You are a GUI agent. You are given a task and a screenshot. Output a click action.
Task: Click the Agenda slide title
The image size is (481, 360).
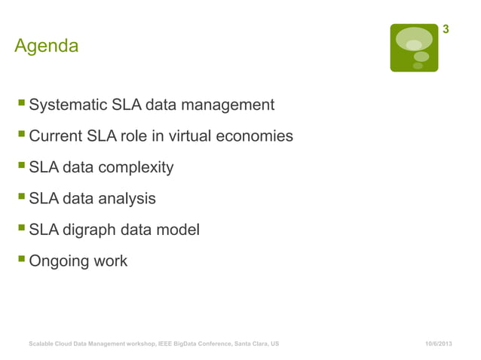[46, 47]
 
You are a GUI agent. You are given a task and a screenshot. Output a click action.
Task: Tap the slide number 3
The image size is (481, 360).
[446, 30]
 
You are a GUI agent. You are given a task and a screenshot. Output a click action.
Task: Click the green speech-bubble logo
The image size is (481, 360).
[413, 47]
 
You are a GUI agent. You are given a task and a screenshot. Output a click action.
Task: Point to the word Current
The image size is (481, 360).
[55, 137]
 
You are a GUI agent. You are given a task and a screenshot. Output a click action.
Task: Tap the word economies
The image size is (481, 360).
[256, 137]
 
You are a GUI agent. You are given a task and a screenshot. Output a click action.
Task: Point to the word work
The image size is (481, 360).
[110, 261]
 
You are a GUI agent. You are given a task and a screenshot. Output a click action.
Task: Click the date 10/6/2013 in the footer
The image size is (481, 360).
[438, 343]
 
